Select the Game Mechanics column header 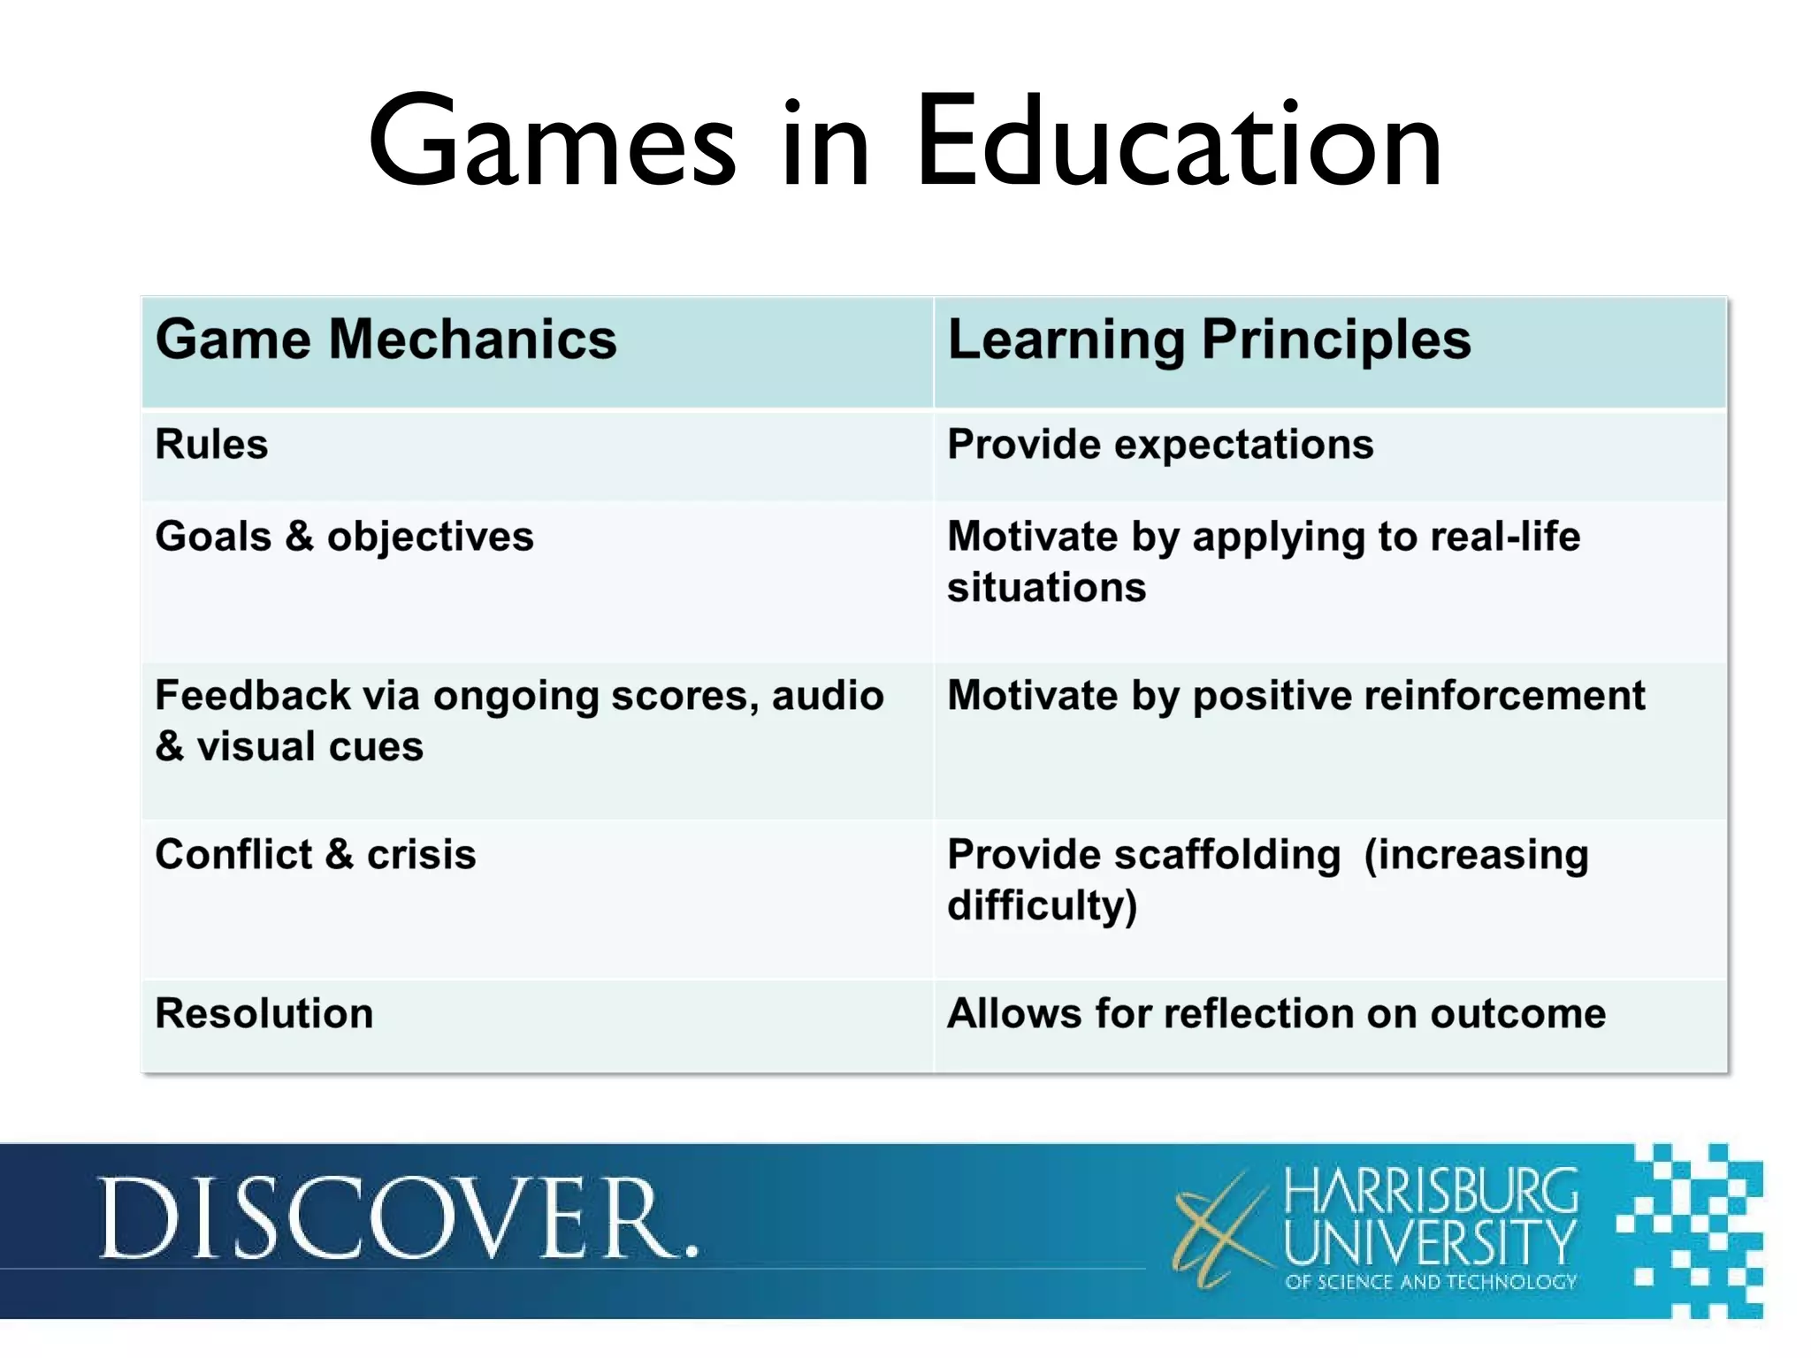pos(386,339)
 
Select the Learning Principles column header pos(1209,339)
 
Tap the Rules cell pos(211,445)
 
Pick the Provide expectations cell pos(1160,445)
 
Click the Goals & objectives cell pos(344,537)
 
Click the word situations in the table pos(1046,588)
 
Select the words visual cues pos(309,747)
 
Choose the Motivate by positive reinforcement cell pos(1295,696)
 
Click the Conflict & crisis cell pos(315,855)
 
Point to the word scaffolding pos(1227,855)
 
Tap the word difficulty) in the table pos(1042,906)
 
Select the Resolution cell pos(264,1014)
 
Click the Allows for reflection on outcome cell pos(1276,1014)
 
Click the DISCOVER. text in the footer pos(398,1219)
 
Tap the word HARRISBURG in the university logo pos(1430,1191)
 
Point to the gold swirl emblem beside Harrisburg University pos(1220,1229)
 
